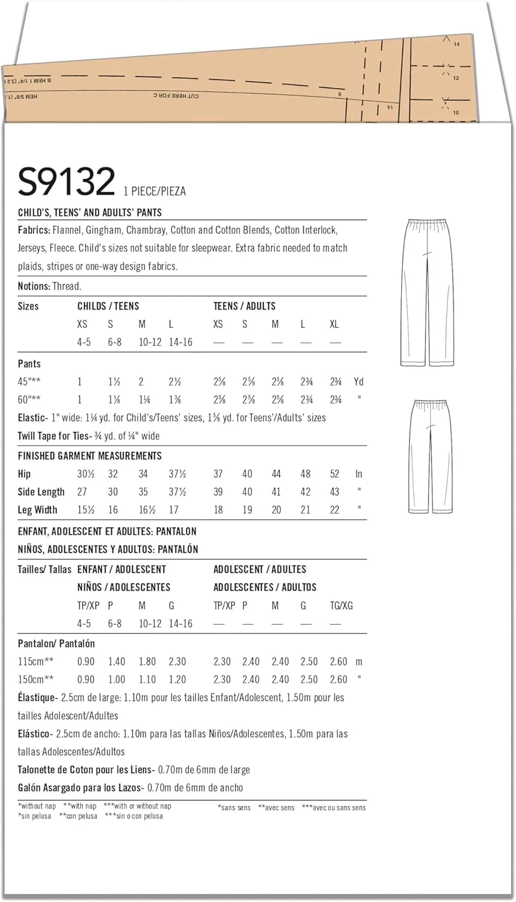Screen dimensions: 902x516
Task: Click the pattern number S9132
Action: coord(66,181)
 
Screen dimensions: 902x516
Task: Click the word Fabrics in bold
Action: coord(33,230)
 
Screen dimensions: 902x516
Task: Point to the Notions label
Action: coord(34,286)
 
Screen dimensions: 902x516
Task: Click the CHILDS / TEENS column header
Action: coord(108,306)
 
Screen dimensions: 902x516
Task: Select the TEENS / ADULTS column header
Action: coord(244,306)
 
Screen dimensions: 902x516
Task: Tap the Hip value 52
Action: coord(334,474)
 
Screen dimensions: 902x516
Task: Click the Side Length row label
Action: coord(41,492)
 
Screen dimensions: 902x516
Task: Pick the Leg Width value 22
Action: coord(334,510)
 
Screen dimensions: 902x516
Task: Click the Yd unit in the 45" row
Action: coord(358,382)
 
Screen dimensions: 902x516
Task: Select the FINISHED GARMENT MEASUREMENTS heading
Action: coord(90,456)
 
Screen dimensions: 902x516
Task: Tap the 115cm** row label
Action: coord(35,661)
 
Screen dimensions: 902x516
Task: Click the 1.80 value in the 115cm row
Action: coord(147,661)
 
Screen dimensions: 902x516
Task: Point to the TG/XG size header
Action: coord(341,606)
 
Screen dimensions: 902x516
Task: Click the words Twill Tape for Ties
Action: coord(54,436)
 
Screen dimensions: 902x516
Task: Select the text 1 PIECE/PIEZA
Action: coord(155,191)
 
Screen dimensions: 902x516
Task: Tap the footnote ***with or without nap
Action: coord(137,806)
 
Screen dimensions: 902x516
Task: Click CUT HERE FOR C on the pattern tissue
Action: coord(176,96)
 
